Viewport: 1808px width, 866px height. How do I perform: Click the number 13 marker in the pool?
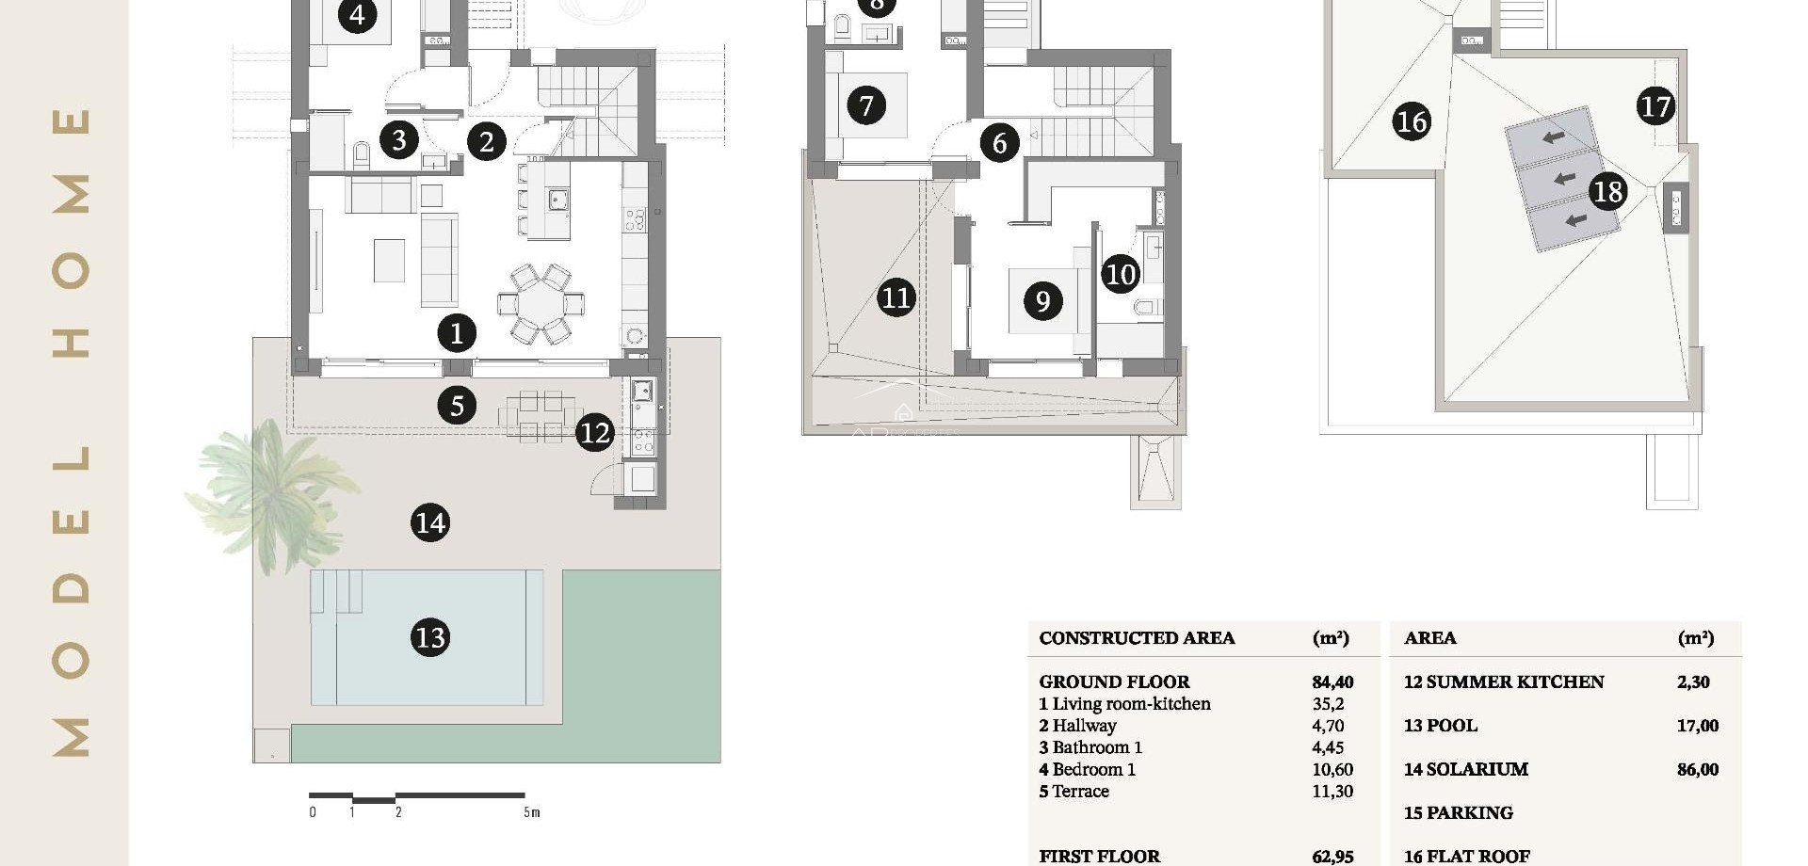(430, 637)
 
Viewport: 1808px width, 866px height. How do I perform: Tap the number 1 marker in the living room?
(457, 332)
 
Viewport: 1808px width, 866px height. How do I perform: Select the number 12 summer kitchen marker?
(594, 432)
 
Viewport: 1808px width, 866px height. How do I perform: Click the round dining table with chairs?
(541, 303)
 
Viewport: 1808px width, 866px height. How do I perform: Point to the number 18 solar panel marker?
(1607, 191)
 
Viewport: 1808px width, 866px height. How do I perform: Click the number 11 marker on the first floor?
(896, 297)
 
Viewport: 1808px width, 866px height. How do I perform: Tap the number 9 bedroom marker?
(1042, 301)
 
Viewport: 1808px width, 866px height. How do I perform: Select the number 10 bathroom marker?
(1121, 274)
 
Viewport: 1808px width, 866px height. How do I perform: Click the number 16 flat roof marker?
(1412, 121)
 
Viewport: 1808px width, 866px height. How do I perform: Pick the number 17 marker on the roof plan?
(1655, 105)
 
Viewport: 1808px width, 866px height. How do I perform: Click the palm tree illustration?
(273, 489)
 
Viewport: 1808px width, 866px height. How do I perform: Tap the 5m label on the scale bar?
(532, 812)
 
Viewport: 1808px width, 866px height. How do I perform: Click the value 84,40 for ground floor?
(1332, 682)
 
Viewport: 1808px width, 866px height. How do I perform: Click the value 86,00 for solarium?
(1698, 769)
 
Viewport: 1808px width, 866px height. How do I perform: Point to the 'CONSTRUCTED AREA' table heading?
(1137, 638)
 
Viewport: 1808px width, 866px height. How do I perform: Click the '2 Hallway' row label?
(1078, 726)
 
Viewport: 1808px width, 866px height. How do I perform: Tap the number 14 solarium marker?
(430, 522)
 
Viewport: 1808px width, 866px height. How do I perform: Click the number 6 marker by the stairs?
(1000, 143)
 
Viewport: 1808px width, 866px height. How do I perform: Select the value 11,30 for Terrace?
(1332, 792)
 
